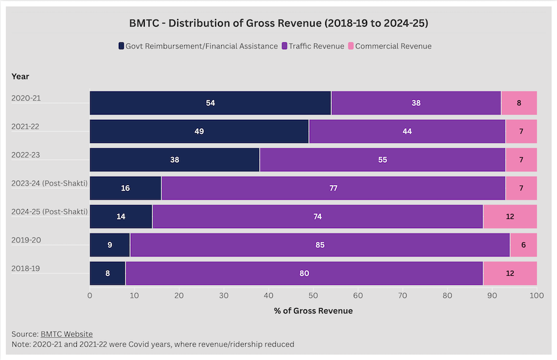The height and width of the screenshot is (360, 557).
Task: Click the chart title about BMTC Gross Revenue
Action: coord(278,23)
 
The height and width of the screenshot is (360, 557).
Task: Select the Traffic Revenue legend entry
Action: coord(316,46)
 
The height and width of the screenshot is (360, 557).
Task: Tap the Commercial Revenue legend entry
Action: coord(393,46)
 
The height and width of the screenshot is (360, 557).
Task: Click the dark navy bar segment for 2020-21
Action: coord(210,103)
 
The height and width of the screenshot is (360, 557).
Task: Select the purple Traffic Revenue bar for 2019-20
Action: coord(320,245)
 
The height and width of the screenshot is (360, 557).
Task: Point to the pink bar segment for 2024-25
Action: coord(510,216)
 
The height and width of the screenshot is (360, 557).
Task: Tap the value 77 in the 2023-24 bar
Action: coord(333,188)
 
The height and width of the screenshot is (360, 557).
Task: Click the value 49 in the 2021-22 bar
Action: coord(199,132)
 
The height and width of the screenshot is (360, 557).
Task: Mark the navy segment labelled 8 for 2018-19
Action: coord(108,273)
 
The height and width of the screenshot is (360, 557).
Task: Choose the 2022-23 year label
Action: coord(26,155)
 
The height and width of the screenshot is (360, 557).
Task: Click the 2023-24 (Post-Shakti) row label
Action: coord(50,183)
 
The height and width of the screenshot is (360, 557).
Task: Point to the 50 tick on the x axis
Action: coord(313,295)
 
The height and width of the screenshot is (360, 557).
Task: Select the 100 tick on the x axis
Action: coord(536,295)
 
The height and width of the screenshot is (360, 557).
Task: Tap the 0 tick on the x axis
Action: coord(90,295)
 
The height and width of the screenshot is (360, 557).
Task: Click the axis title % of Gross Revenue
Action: coord(313,310)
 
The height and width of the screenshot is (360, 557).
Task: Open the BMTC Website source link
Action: coord(66,334)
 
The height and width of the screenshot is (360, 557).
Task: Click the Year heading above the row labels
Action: coord(21,76)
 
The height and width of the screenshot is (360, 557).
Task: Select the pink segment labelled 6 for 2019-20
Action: coord(523,245)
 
